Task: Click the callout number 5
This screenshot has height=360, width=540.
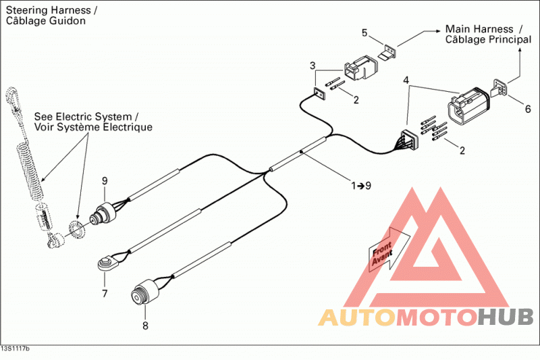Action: click(364, 32)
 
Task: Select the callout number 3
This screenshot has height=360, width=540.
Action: click(313, 66)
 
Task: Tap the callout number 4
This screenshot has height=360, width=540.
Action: click(406, 80)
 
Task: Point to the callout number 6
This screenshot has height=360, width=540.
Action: click(528, 109)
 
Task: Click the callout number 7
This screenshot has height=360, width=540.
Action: click(105, 294)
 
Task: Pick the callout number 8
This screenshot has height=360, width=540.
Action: click(145, 325)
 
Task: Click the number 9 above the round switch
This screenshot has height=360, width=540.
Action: click(105, 180)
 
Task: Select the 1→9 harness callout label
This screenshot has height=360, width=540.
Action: click(361, 186)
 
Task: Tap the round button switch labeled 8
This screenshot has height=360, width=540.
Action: click(144, 292)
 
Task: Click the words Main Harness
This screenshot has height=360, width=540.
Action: click(479, 29)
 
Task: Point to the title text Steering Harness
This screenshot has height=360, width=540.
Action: click(48, 10)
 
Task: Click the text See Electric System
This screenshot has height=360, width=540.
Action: click(83, 117)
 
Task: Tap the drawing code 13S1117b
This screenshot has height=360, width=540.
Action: click(15, 349)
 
